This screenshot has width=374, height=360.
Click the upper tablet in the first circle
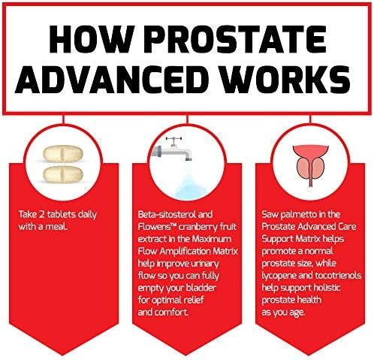(x=62, y=153)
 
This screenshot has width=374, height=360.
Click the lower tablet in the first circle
(x=62, y=174)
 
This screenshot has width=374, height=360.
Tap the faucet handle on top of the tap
(x=173, y=141)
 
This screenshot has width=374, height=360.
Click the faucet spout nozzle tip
(x=189, y=159)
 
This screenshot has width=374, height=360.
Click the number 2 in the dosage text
(x=41, y=214)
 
